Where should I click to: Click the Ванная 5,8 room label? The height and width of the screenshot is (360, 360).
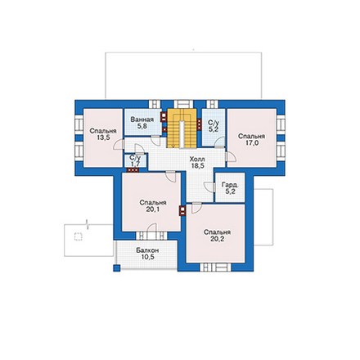142,123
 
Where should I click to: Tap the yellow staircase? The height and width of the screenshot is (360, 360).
182,128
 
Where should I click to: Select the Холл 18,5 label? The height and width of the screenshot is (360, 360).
197,162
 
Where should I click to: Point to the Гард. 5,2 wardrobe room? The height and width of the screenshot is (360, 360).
231,188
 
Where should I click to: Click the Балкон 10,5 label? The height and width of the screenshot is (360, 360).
148,254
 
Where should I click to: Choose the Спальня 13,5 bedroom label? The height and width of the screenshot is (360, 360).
103,134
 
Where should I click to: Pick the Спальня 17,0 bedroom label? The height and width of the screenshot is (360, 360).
251,139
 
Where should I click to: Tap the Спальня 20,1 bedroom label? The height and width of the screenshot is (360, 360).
153,206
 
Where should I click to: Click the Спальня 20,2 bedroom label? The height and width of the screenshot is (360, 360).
217,236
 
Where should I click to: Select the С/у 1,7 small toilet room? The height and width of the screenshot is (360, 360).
136,160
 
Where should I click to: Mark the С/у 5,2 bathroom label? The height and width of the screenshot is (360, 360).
213,126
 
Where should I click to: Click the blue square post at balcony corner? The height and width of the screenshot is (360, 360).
117,268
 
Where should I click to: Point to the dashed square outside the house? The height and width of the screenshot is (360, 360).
79,236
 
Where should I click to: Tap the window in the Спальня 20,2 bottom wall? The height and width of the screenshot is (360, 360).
216,267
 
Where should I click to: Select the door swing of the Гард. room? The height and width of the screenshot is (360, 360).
209,187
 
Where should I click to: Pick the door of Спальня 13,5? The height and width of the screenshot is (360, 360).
119,145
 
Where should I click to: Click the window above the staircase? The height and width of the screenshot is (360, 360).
183,104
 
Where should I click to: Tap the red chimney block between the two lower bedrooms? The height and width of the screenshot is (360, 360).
182,210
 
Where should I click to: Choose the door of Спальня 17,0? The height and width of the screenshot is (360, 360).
231,157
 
